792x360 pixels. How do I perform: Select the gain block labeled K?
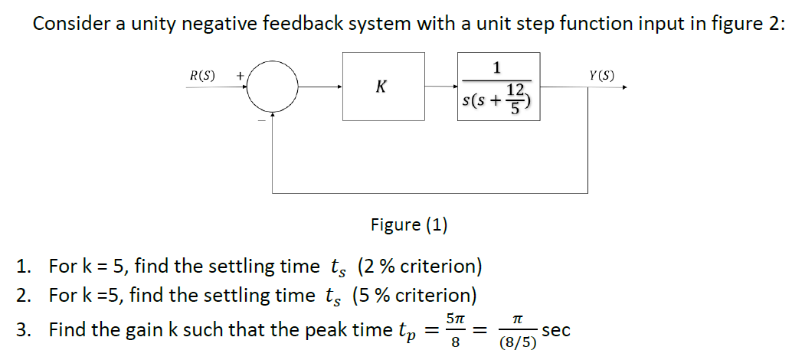tap(383, 87)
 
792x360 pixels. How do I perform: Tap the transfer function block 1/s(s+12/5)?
tap(498, 87)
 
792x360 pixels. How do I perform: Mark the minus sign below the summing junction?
tap(260, 121)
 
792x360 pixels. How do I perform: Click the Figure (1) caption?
tap(409, 224)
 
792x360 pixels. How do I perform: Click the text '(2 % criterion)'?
tap(420, 267)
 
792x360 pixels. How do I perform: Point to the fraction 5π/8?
tap(455, 331)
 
